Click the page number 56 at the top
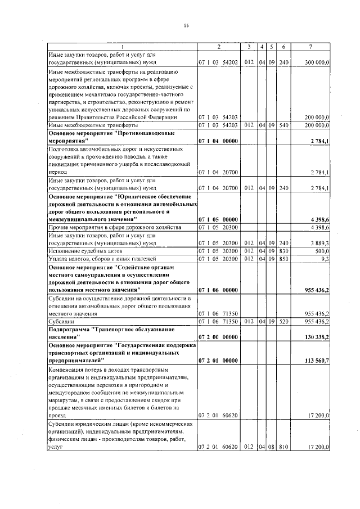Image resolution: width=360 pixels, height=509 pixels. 185,25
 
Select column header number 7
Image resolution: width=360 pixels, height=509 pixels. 310,46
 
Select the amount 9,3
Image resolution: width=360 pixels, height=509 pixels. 325,258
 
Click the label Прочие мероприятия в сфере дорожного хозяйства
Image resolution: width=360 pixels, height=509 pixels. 114,227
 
